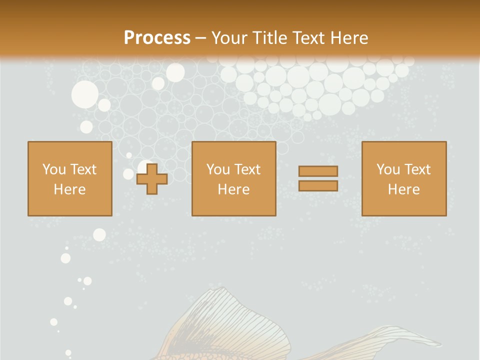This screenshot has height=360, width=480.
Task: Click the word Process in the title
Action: click(157, 37)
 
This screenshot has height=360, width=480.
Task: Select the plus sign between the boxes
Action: click(152, 178)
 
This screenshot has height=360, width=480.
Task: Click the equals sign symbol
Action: click(318, 178)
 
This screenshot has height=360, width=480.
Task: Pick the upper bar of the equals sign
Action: click(318, 171)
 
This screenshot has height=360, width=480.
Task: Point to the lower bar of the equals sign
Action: click(318, 186)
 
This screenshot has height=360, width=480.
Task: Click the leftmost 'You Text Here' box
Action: click(70, 178)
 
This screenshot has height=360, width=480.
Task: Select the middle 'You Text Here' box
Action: click(233, 178)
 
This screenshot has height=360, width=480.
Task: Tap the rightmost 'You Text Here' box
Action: click(403, 178)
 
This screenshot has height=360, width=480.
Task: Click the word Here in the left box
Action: click(69, 189)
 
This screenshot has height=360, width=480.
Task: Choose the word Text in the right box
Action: click(417, 169)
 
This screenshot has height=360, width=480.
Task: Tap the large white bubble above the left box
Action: click(85, 94)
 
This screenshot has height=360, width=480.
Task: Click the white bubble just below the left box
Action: click(99, 234)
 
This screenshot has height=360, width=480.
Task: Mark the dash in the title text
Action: click(201, 37)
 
